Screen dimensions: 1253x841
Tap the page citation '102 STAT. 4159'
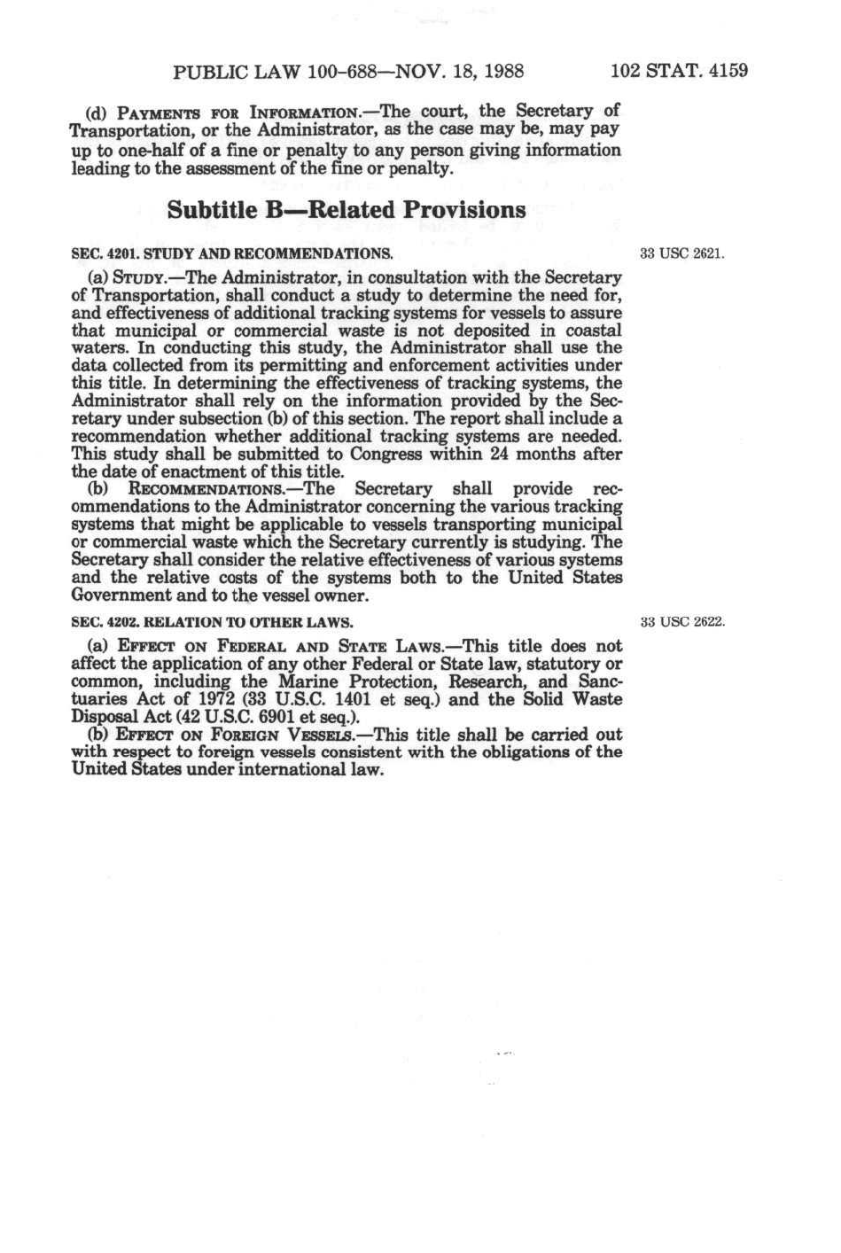pos(680,70)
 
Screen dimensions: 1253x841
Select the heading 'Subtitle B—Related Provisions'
pos(347,210)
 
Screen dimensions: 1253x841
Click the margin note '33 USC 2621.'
pos(682,253)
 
